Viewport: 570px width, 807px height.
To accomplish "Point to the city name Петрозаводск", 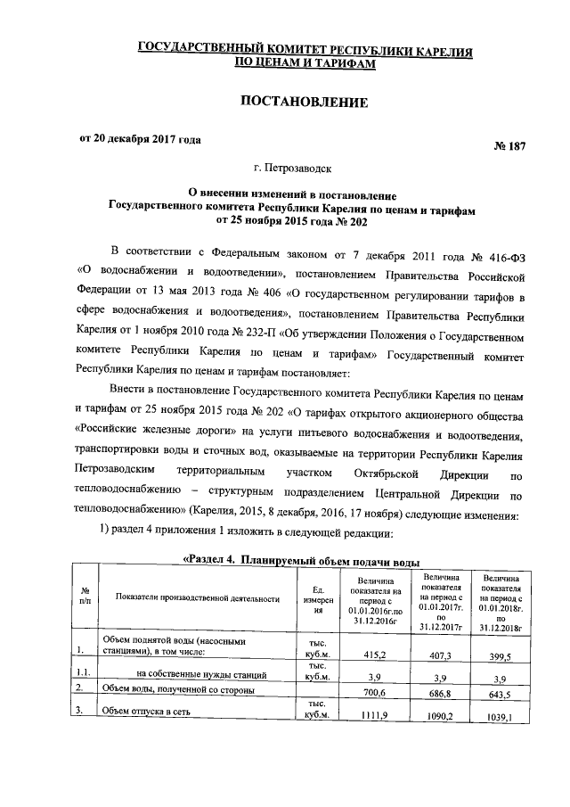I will coord(305,167).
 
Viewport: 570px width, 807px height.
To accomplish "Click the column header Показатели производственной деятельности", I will coord(197,598).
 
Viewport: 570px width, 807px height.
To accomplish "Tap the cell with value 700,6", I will coord(374,691).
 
